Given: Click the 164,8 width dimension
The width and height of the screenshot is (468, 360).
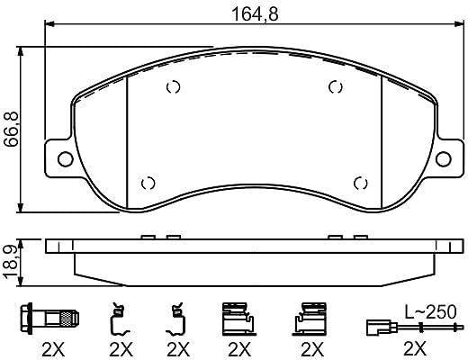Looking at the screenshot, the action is [256, 14].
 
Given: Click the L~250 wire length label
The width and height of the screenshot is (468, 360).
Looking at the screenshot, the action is [430, 312].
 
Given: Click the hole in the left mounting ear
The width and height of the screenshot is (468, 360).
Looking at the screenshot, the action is [66, 158].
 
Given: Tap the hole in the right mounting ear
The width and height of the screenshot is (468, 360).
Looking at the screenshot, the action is [444, 159].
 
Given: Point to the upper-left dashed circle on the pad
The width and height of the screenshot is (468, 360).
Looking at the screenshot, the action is [174, 87].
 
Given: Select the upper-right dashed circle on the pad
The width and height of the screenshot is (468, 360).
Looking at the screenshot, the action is [336, 87].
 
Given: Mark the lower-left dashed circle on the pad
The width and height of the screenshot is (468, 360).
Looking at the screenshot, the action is [148, 183].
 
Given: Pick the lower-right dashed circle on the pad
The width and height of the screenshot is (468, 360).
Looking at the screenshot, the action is [360, 183].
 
